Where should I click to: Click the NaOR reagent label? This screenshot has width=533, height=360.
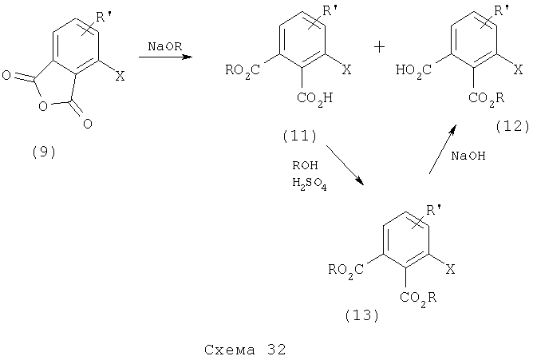pyautogui.click(x=165, y=46)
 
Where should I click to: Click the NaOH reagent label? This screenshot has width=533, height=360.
pyautogui.click(x=468, y=156)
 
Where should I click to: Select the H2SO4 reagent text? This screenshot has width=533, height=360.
pyautogui.click(x=310, y=184)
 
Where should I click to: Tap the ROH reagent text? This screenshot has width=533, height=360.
pyautogui.click(x=305, y=165)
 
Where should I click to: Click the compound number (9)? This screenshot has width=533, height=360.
pyautogui.click(x=44, y=152)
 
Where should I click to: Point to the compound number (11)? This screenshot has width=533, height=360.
pyautogui.click(x=299, y=136)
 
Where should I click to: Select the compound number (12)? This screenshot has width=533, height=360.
pyautogui.click(x=512, y=126)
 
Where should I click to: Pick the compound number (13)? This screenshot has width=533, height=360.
pyautogui.click(x=361, y=315)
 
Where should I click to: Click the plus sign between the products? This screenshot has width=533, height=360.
pyautogui.click(x=379, y=46)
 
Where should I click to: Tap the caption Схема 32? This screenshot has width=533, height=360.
pyautogui.click(x=245, y=350)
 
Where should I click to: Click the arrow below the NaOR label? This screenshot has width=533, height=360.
pyautogui.click(x=165, y=57)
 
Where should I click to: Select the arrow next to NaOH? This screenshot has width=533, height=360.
pyautogui.click(x=442, y=149)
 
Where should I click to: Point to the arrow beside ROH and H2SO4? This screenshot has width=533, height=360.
pyautogui.click(x=345, y=165)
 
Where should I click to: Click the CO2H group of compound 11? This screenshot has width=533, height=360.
pyautogui.click(x=314, y=99)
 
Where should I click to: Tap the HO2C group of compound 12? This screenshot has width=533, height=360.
pyautogui.click(x=413, y=71)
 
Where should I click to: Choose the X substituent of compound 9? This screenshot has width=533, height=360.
pyautogui.click(x=120, y=77)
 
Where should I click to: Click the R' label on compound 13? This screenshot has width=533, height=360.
pyautogui.click(x=433, y=211)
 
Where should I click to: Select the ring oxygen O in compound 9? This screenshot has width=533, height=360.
pyautogui.click(x=43, y=106)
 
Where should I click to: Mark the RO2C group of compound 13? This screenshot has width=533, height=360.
pyautogui.click(x=346, y=271)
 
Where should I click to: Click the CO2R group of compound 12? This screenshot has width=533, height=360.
pyautogui.click(x=486, y=99)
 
